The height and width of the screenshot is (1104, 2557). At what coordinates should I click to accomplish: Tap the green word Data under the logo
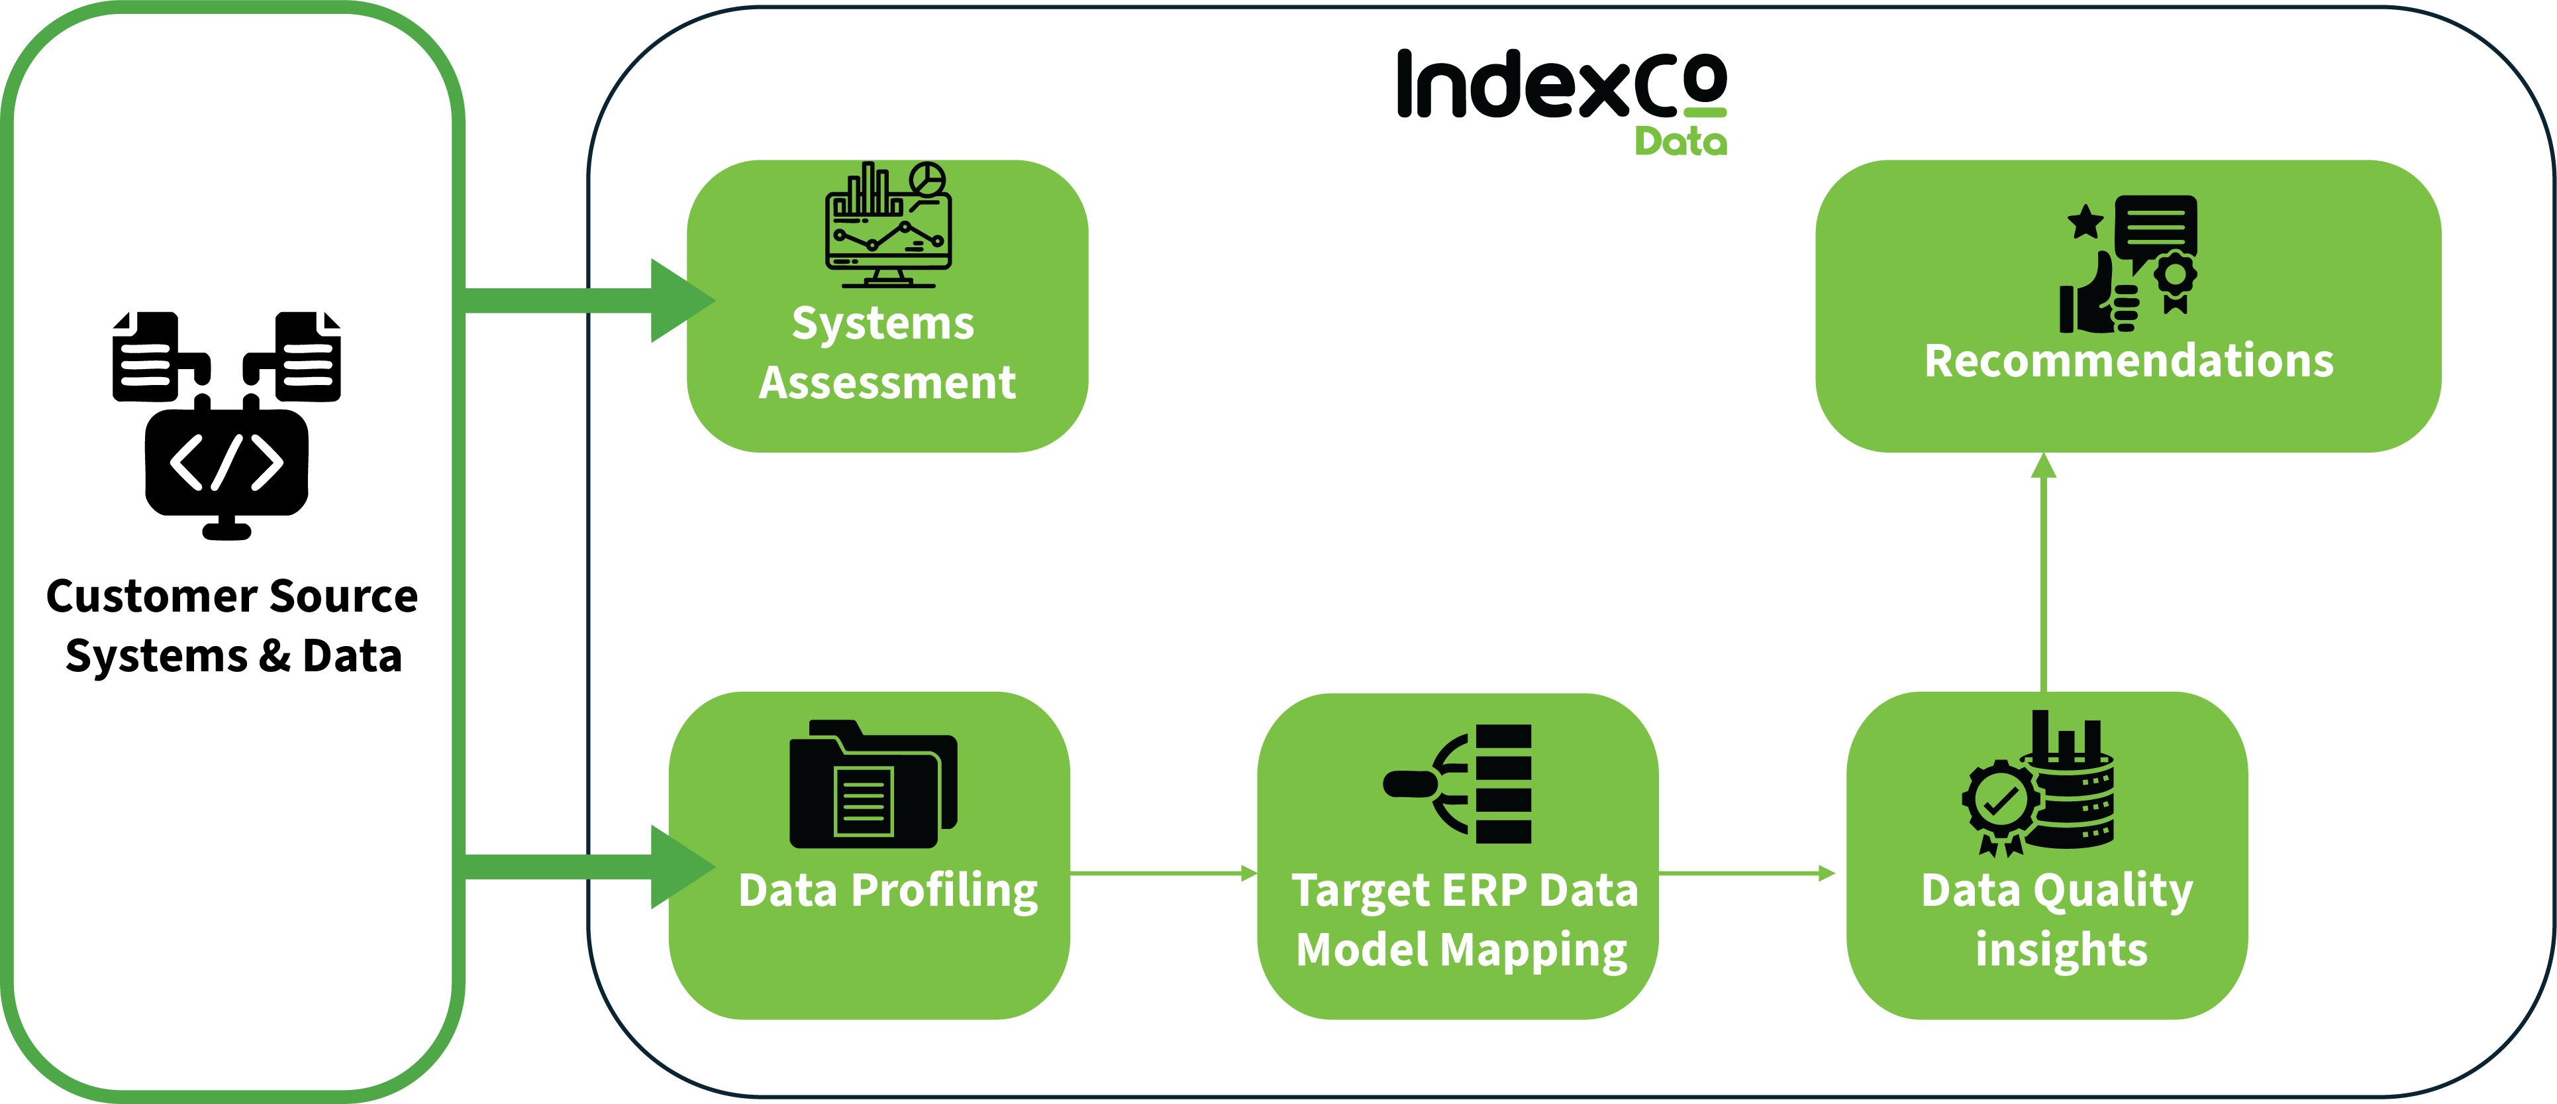(1681, 142)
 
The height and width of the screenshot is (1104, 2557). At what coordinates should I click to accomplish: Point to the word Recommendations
(2129, 360)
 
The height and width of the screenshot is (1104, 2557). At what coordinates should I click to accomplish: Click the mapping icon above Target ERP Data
(1458, 785)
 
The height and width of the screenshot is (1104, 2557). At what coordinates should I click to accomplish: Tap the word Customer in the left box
(149, 596)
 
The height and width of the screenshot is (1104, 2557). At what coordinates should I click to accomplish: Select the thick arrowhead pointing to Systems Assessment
(681, 300)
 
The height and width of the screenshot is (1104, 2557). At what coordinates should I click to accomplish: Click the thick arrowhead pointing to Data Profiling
(681, 867)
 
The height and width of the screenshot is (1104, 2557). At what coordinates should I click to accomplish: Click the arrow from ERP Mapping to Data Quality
(1747, 873)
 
